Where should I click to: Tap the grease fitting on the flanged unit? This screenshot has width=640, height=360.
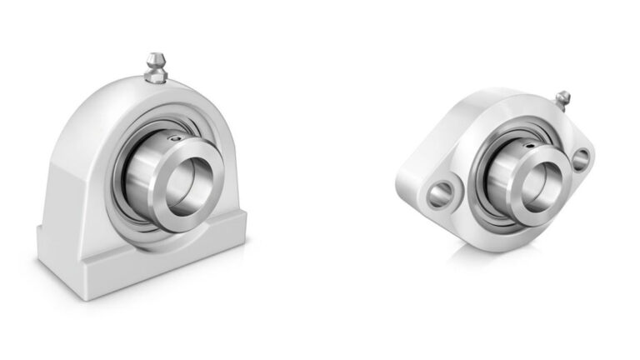point(564,99)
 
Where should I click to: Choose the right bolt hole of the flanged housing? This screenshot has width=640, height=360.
point(582,157)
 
